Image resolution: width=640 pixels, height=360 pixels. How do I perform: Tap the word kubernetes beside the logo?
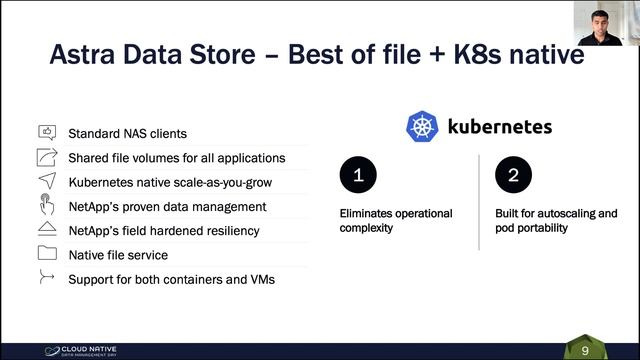click(x=500, y=128)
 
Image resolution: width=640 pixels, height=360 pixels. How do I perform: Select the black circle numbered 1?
click(x=357, y=175)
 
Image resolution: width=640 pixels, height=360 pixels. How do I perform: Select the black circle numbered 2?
click(x=513, y=175)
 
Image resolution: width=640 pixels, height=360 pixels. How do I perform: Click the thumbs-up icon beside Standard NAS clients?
click(x=47, y=132)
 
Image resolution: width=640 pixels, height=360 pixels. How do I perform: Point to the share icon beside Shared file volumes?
click(x=47, y=157)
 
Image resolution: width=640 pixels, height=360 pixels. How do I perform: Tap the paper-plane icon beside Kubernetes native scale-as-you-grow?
click(x=47, y=181)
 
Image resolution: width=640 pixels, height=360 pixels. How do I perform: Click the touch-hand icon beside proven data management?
click(x=47, y=206)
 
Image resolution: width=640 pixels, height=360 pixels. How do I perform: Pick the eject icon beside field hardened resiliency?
click(x=47, y=230)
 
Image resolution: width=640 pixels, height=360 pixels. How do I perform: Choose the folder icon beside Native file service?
click(x=47, y=254)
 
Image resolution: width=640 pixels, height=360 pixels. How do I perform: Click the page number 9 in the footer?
click(x=585, y=350)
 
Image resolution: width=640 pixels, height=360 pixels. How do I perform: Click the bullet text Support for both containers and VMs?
click(x=171, y=279)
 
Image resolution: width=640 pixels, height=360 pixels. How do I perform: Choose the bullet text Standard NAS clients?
click(x=127, y=133)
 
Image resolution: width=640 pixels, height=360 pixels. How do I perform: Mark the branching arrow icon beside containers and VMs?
click(x=47, y=278)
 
